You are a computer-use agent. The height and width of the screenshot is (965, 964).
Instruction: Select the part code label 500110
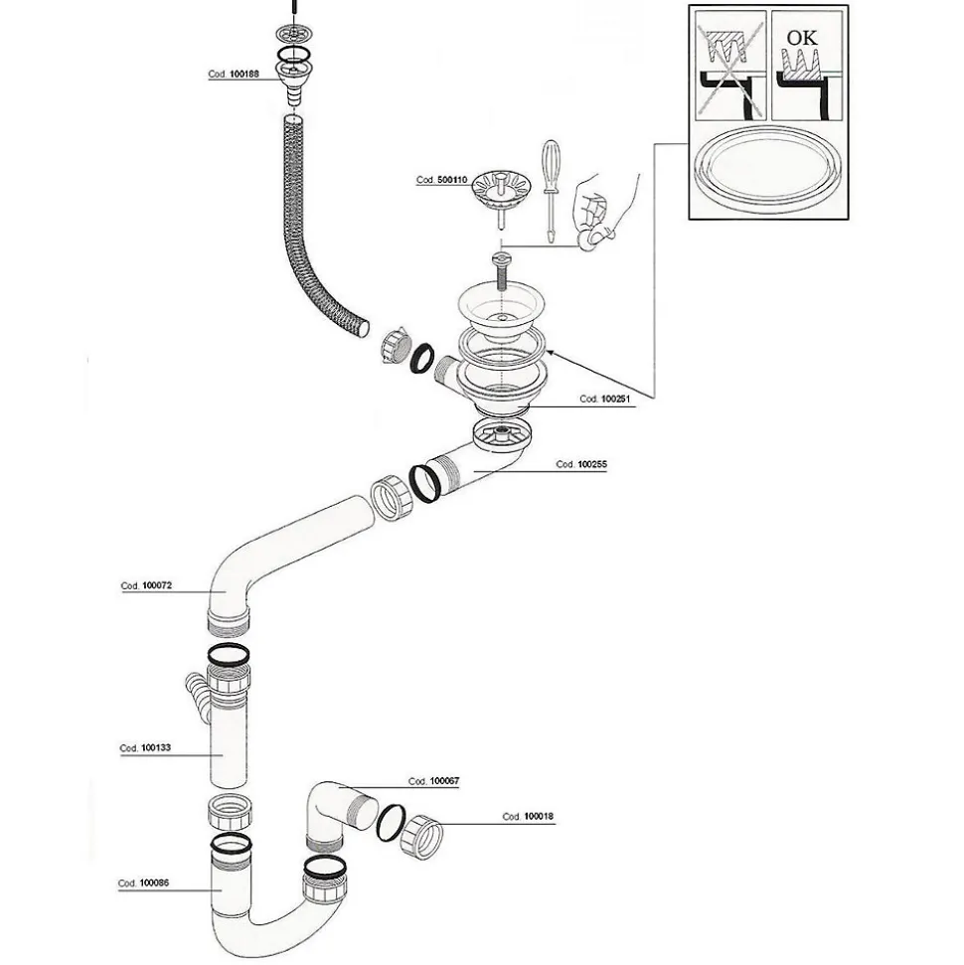(441, 180)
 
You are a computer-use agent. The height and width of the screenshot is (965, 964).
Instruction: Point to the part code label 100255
(580, 464)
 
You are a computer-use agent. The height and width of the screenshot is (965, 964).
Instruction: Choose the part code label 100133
(146, 748)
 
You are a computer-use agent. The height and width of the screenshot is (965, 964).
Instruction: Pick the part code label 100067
(434, 782)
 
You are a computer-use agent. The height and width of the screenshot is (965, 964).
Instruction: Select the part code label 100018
(528, 817)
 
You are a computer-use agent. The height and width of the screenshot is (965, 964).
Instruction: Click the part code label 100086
(144, 883)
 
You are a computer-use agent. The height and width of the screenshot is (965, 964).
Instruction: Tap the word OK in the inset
(801, 38)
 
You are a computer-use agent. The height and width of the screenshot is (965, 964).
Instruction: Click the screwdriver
(550, 189)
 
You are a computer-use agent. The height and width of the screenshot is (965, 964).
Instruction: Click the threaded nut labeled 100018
(423, 836)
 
